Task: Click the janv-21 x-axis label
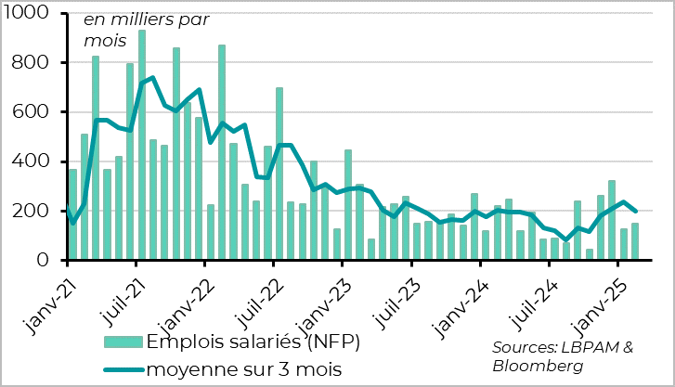point(45,295)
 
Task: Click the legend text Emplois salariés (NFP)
point(253,341)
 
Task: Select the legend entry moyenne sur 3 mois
point(244,369)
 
